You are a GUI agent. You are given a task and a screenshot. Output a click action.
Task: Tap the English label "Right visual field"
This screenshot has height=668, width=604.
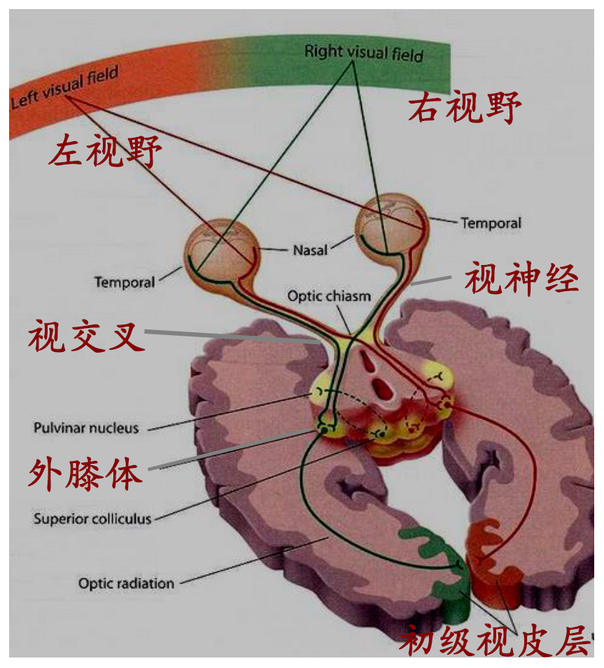364,52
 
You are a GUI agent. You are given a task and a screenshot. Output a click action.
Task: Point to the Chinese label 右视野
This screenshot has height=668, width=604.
465,108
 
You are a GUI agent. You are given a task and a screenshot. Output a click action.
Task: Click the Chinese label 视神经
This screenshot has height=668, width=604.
522,280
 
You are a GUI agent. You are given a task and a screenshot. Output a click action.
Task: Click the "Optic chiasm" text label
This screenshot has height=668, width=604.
329,297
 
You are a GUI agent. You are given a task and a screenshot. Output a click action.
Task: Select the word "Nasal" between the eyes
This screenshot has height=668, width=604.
309,249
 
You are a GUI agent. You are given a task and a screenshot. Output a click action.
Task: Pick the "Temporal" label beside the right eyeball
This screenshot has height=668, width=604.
491,223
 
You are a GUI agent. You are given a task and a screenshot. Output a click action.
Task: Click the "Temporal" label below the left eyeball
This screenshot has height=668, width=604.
125,283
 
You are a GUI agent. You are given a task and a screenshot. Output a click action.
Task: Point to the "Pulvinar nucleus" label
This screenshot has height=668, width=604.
86,427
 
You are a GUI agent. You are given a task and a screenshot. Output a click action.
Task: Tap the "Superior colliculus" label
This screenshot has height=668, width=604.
92,519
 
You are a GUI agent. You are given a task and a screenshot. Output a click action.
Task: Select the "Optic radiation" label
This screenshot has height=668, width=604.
126,582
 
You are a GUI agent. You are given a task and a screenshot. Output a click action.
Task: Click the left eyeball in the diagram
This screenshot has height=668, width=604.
217,250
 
